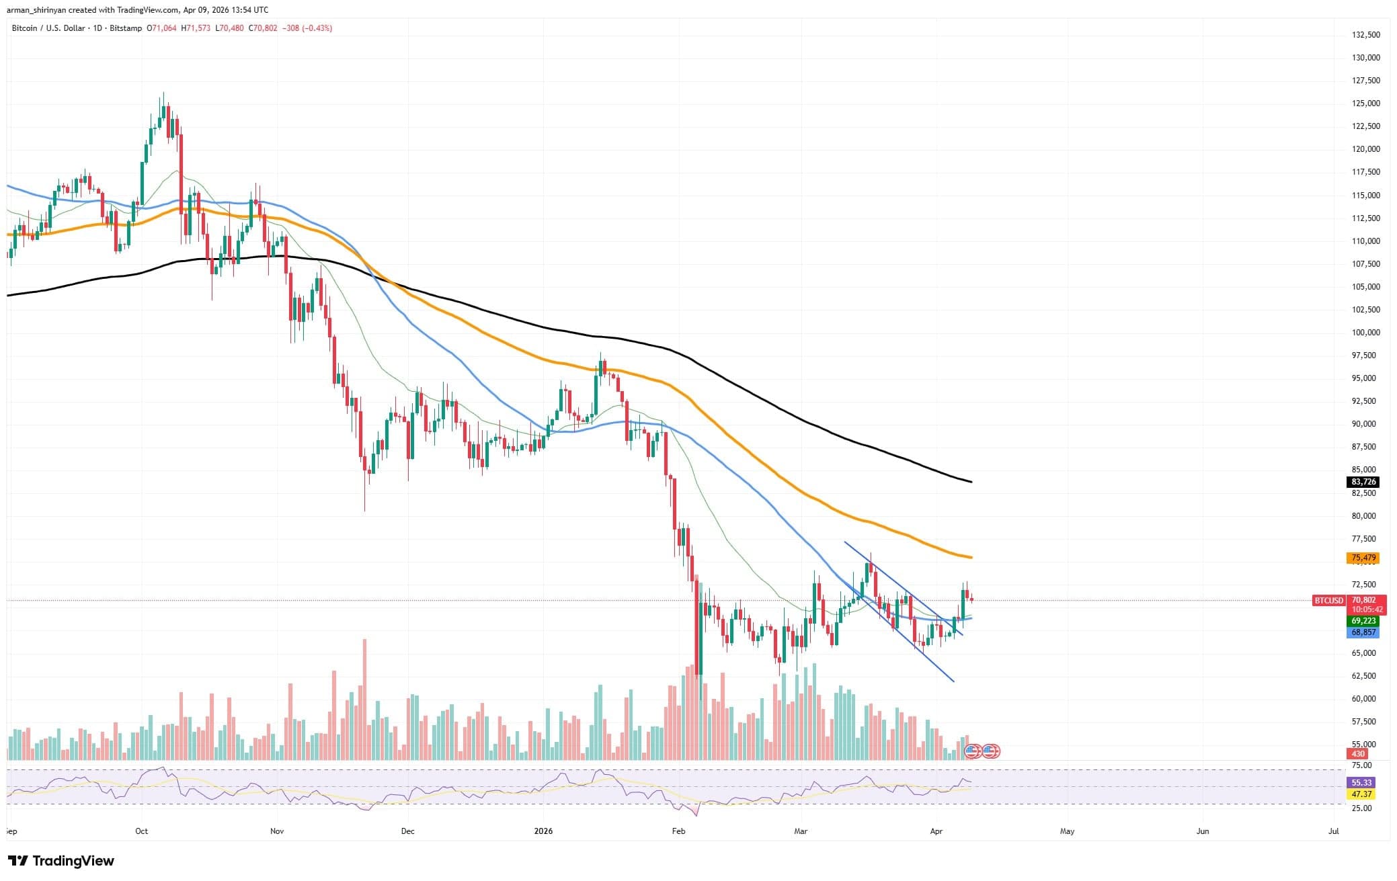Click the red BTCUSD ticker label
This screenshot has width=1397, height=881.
(x=1328, y=600)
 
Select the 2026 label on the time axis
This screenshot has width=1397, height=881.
(x=543, y=831)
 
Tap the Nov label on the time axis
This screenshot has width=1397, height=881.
(x=277, y=831)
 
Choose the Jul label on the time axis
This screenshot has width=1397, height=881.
(x=1334, y=831)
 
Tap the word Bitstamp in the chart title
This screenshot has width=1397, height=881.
(x=126, y=28)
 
